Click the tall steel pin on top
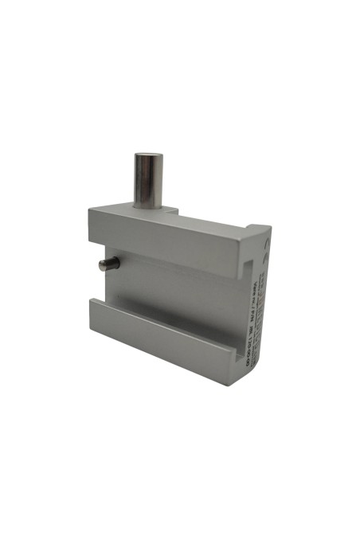[x=147, y=179]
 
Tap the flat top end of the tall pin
[x=147, y=156]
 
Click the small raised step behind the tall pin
[x=171, y=209]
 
